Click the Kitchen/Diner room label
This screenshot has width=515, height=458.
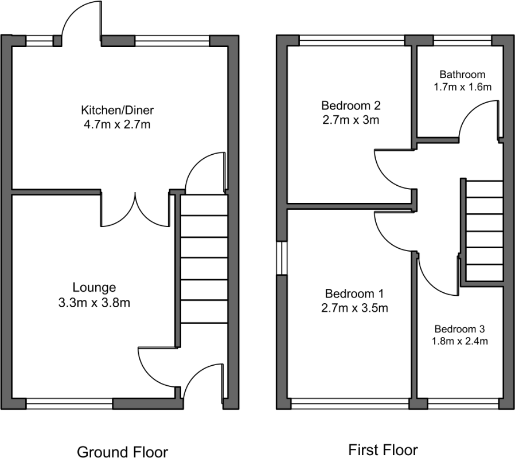click(117, 110)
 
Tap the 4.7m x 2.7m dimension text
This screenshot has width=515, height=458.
click(117, 125)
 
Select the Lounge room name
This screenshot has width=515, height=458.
click(94, 288)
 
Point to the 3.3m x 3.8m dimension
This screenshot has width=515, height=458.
click(94, 303)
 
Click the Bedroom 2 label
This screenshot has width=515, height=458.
click(351, 105)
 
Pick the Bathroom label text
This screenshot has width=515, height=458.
click(462, 75)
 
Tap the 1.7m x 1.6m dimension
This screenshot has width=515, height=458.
click(462, 87)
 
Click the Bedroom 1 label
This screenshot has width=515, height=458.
click(354, 293)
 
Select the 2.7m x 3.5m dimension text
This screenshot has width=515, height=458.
click(354, 308)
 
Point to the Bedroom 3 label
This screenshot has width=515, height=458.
click(459, 329)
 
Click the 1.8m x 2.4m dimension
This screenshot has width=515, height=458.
click(459, 341)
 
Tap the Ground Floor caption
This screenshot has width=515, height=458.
click(122, 452)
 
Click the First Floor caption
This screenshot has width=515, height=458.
click(383, 450)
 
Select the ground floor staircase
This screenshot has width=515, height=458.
click(204, 259)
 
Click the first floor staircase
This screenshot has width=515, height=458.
click(485, 231)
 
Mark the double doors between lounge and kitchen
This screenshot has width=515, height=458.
click(135, 210)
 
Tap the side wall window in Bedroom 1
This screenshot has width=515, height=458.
click(282, 259)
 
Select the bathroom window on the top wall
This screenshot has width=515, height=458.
click(462, 40)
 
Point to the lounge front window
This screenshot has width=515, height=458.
click(69, 404)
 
